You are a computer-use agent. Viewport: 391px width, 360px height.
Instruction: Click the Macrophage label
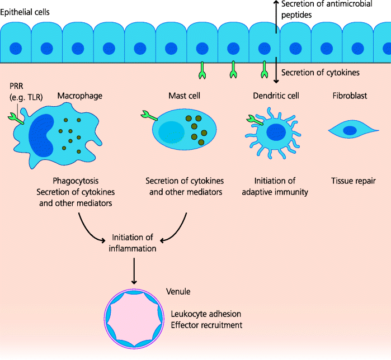pos(80,96)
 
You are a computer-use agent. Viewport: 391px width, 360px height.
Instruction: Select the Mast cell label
pos(185,96)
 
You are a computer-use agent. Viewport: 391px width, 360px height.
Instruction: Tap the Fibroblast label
pos(349,96)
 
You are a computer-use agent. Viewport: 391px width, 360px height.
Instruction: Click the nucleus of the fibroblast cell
pos(350,131)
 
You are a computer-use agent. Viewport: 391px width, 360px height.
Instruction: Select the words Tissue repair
pos(353,181)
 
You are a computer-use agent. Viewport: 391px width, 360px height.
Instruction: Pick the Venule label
pos(178,292)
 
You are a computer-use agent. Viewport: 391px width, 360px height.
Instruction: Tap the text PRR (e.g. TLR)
pos(26,91)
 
